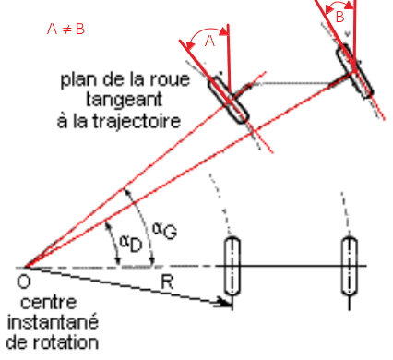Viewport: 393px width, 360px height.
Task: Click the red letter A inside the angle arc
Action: [209, 41]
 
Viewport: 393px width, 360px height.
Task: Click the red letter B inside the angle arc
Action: [339, 17]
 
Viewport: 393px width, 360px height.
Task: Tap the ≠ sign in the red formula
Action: [66, 30]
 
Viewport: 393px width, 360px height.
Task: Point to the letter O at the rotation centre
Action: [24, 282]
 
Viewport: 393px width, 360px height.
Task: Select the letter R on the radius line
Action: [167, 282]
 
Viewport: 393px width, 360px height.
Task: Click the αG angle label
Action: [165, 231]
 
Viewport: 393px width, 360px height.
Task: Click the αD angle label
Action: [131, 243]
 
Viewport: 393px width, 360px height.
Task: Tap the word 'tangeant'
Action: [124, 100]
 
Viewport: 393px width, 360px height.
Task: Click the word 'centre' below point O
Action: [49, 303]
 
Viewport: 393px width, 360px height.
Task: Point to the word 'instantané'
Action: [53, 322]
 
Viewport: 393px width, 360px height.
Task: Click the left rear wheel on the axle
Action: [232, 266]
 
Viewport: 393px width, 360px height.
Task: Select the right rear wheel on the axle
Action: [350, 266]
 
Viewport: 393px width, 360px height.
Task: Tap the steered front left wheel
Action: [229, 101]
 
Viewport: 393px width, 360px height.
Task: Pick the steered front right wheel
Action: [355, 71]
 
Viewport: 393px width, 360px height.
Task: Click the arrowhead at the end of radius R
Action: [224, 303]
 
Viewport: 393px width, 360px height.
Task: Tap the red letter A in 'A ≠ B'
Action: [53, 30]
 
